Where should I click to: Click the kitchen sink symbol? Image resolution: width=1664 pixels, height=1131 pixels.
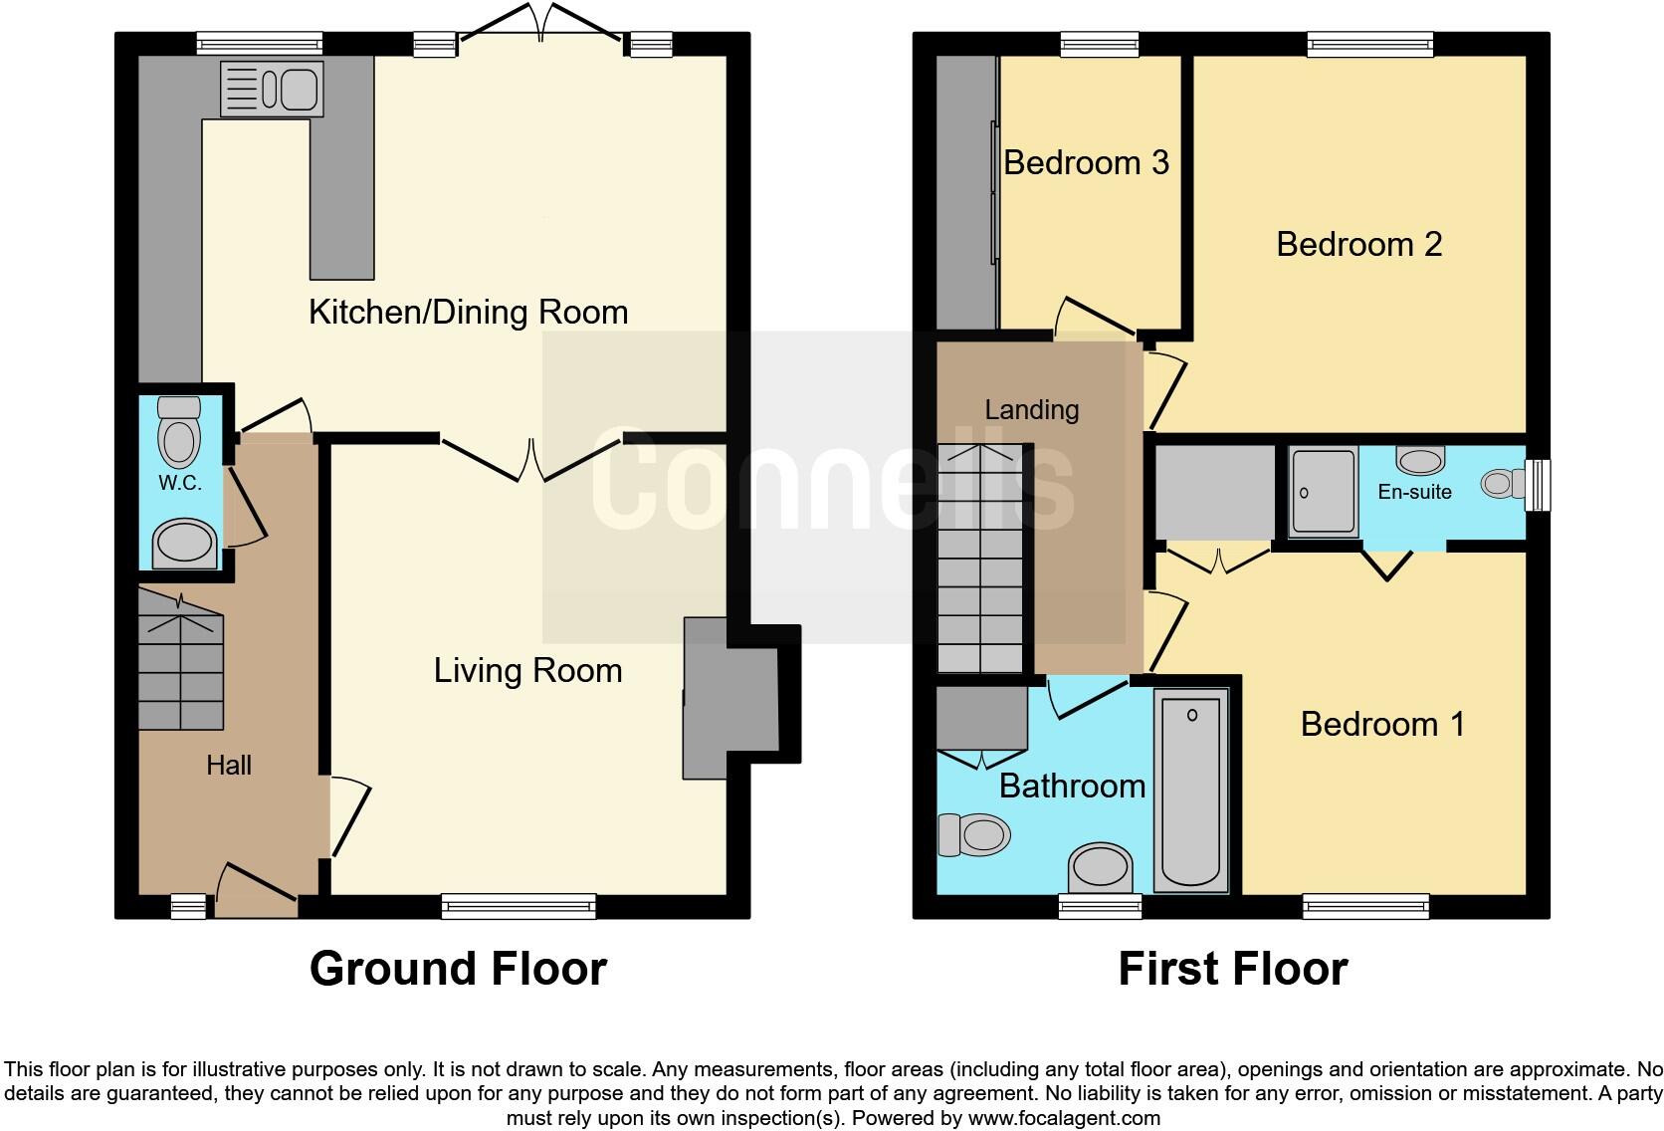point(272,89)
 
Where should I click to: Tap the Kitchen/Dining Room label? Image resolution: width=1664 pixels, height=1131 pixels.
point(468,313)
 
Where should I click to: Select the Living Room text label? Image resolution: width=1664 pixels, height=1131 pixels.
point(527,671)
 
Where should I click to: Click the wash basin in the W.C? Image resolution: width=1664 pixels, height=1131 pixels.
point(185,545)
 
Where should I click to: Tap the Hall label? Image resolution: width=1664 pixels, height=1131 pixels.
point(228,765)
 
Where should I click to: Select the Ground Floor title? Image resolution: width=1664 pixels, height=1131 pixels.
point(458,969)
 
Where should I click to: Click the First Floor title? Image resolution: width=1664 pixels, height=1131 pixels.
point(1232,969)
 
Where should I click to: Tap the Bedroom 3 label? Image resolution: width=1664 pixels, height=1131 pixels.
point(1086,162)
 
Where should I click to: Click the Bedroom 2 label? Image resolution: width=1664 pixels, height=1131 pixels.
point(1358,244)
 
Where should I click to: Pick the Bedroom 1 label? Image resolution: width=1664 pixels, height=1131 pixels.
point(1382,724)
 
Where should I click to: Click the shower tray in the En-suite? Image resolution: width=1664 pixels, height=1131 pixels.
point(1324,492)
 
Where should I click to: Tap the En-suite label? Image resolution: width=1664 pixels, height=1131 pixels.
point(1414,492)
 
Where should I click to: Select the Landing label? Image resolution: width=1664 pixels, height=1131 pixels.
point(1031,409)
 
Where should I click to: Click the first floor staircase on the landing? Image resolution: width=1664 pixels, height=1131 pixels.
point(980,558)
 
